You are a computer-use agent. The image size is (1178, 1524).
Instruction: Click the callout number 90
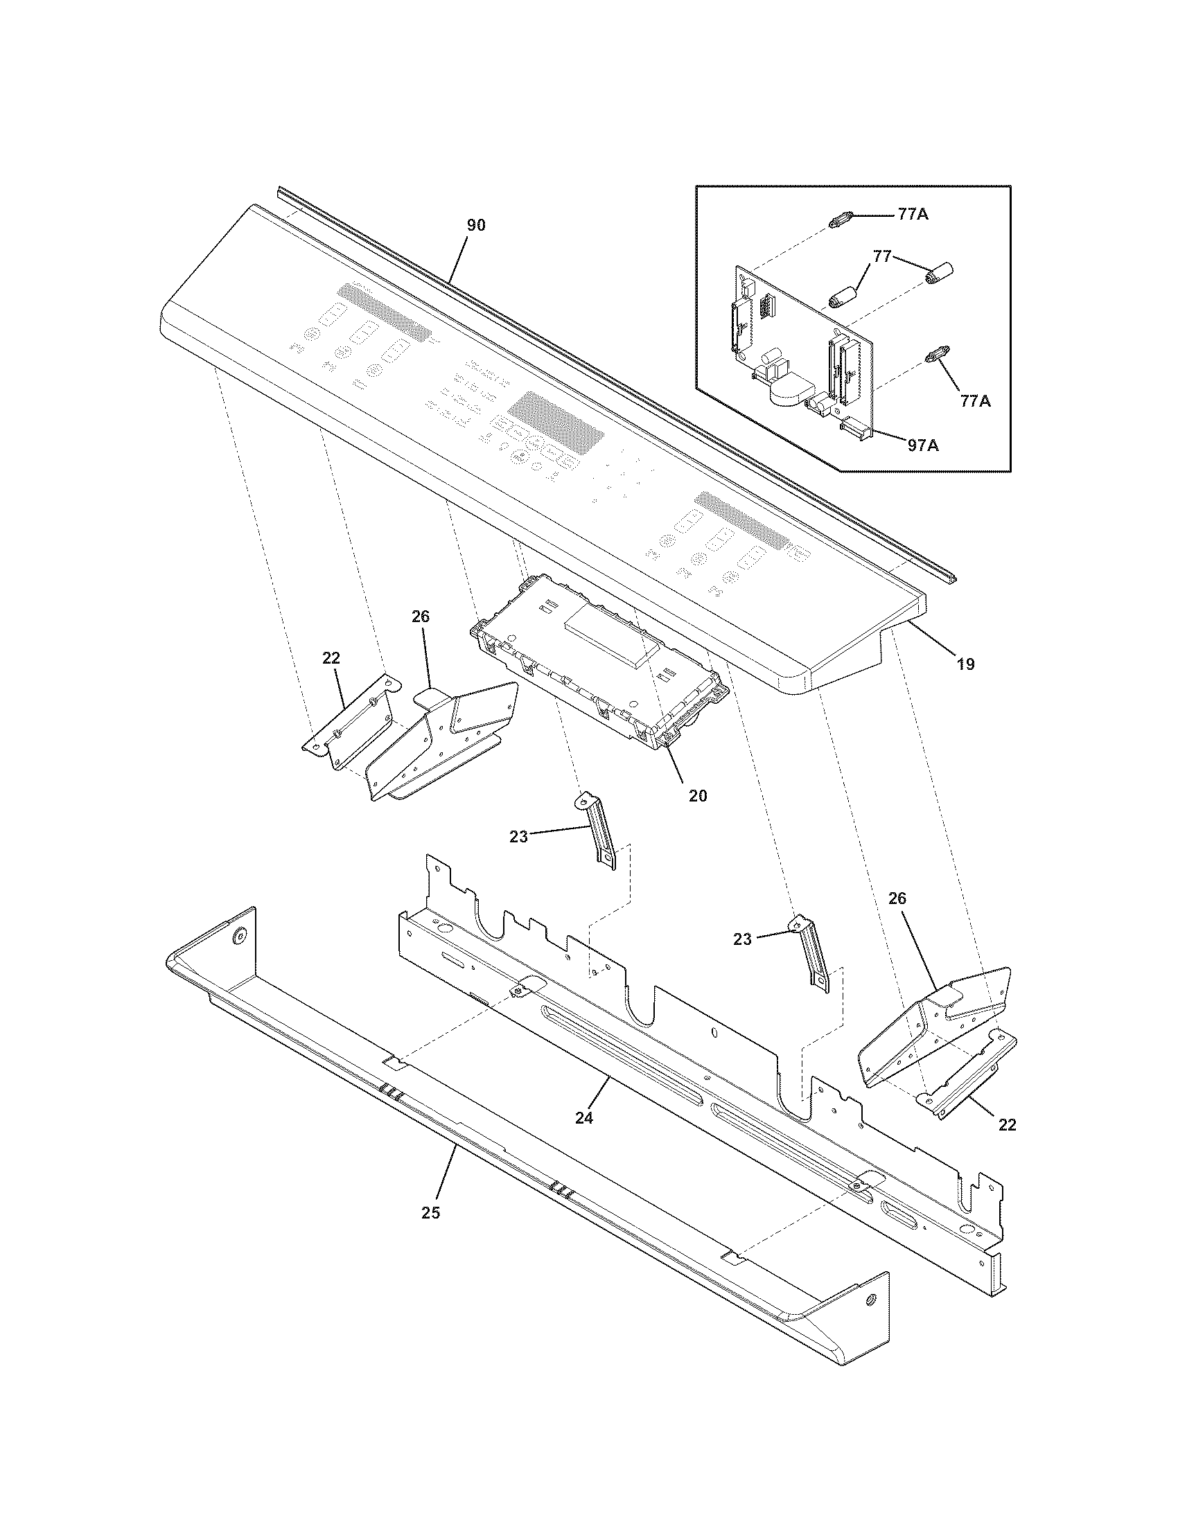pos(476,225)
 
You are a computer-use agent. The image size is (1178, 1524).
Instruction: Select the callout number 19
pos(965,664)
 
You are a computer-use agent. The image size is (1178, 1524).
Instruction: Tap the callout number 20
pos(697,795)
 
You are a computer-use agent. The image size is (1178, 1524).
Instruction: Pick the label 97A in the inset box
pos(922,445)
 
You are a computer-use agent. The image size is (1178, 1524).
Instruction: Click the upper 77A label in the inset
pos(913,215)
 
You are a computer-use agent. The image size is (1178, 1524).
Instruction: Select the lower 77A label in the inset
pos(974,400)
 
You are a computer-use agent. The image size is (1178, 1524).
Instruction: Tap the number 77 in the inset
pos(882,257)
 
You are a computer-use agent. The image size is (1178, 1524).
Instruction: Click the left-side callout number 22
pos(331,657)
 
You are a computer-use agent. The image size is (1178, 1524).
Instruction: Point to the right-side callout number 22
pos(1007,1124)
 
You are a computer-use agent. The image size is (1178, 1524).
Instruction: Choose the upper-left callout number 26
pos(421,616)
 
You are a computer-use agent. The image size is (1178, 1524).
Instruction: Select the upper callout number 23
pos(518,837)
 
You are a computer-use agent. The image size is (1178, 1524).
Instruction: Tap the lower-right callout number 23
pos(743,939)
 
